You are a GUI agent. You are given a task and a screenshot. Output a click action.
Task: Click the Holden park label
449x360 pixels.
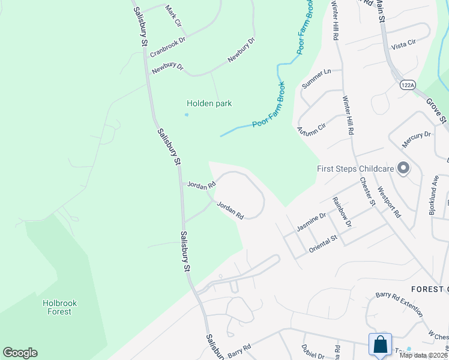tap(209, 104)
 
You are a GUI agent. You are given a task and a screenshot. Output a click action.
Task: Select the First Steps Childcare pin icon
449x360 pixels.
tap(403, 169)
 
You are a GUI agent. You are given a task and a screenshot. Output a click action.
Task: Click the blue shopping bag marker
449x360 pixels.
tap(380, 345)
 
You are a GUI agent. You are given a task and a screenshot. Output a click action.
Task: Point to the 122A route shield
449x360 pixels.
tap(407, 86)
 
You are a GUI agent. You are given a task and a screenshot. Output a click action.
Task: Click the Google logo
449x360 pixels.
tap(20, 353)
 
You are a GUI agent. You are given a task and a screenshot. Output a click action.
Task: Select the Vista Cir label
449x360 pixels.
tap(403, 43)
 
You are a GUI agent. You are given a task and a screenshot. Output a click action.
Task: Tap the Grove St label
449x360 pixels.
tap(436, 112)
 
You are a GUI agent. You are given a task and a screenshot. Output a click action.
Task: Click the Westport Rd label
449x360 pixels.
tap(389, 202)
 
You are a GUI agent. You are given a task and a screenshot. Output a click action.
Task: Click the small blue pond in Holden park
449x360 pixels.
tap(187, 115)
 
